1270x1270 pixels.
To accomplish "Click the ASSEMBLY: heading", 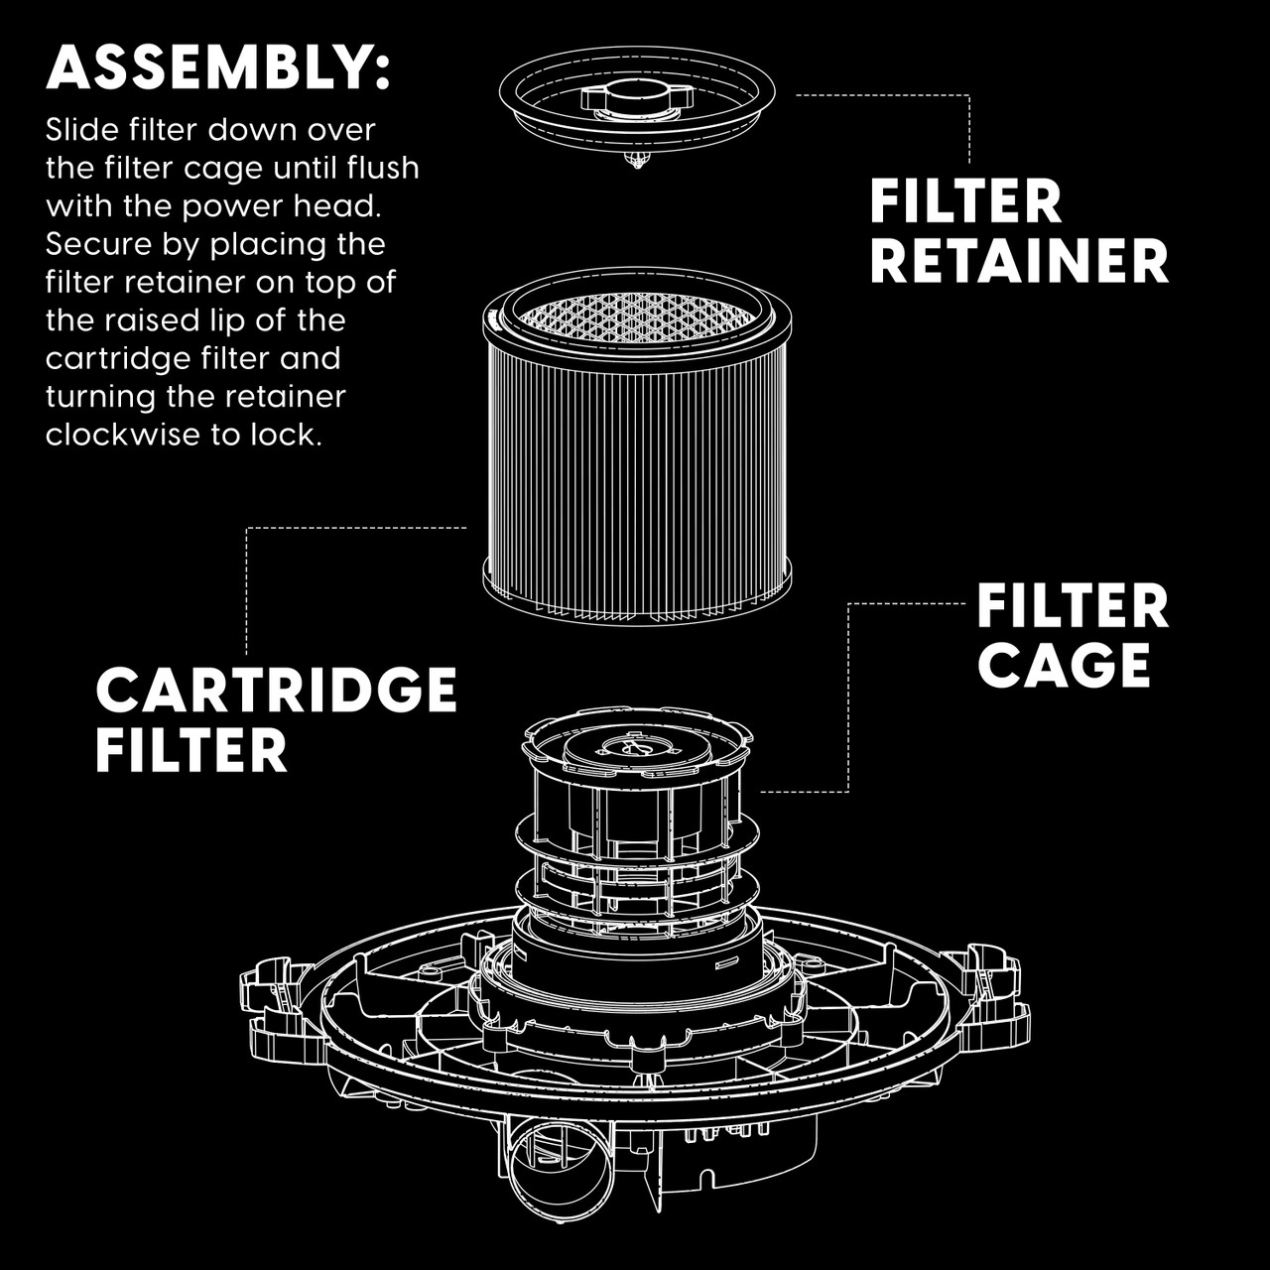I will (x=218, y=67).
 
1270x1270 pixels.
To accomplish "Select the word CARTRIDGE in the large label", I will (x=276, y=690).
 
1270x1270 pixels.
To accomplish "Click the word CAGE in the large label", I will (x=1064, y=664).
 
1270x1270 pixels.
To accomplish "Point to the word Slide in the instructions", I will (x=79, y=130).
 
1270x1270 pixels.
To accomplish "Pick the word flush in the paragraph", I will (x=383, y=168).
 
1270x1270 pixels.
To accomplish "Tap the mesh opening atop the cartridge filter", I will (x=636, y=315).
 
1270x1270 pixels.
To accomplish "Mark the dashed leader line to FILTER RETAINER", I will (x=969, y=124).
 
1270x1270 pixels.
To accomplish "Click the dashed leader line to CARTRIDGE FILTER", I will (x=246, y=585).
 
